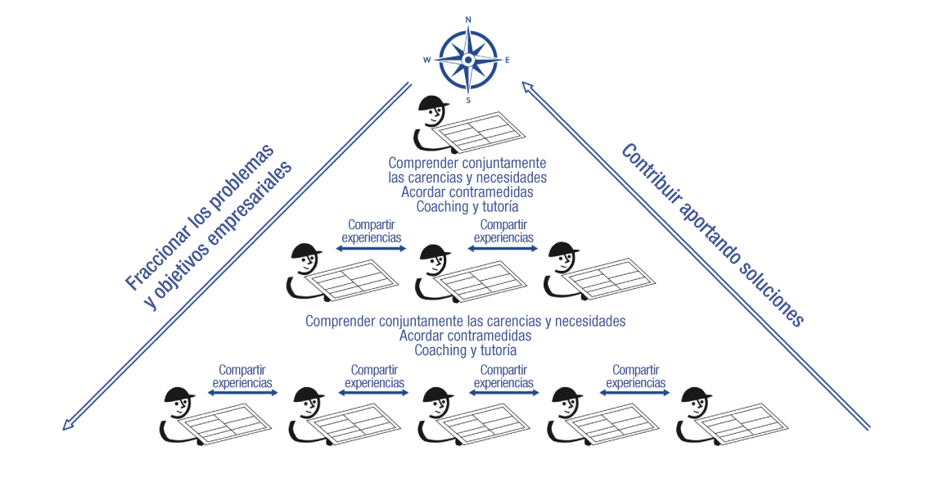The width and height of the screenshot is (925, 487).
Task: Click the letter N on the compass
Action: tap(467, 19)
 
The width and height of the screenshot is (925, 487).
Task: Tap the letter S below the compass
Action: tap(468, 100)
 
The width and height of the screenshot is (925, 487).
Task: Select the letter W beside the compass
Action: tap(426, 60)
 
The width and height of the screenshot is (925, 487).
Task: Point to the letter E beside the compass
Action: tap(508, 60)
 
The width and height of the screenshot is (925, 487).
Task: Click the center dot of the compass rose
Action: tap(467, 60)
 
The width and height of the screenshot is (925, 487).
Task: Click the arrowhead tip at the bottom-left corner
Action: tap(65, 428)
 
